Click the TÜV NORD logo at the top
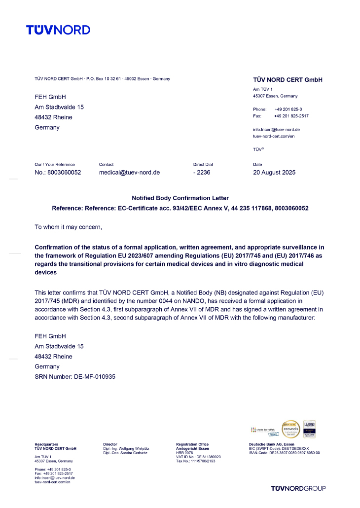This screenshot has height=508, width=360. click(58, 30)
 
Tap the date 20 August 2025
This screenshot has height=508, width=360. click(274, 173)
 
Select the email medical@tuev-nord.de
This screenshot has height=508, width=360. click(129, 173)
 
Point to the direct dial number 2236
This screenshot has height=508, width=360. click(202, 173)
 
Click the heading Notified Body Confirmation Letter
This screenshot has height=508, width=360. click(180, 198)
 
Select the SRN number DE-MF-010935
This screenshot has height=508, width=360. click(93, 377)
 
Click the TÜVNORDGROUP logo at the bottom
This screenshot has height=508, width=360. click(298, 488)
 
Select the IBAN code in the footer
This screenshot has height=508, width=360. click(285, 452)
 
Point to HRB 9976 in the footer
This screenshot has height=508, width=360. click(184, 452)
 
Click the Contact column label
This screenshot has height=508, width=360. click(106, 164)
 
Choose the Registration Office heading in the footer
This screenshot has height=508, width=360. click(192, 444)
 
